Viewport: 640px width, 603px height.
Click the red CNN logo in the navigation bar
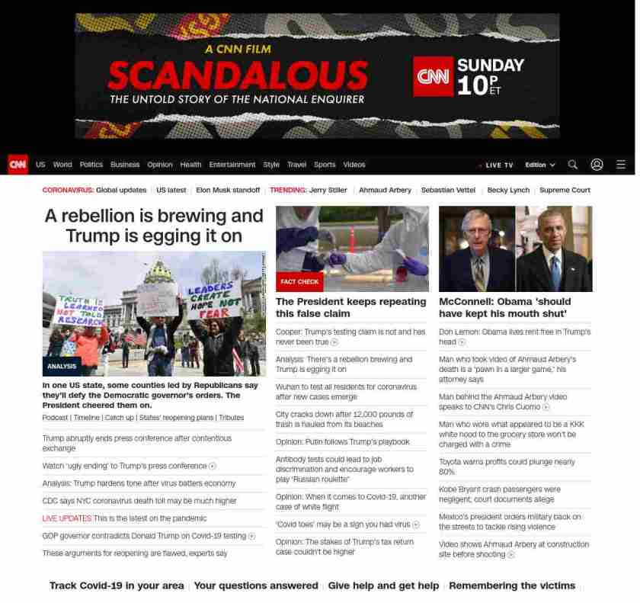[18, 165]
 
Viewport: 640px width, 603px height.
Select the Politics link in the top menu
[91, 165]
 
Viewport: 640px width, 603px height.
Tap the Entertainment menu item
[232, 165]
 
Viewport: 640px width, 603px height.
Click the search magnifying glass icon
[573, 165]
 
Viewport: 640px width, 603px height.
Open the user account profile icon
[597, 165]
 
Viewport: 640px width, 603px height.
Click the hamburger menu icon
[621, 165]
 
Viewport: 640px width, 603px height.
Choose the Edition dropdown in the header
[539, 165]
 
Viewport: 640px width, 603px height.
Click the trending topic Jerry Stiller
[328, 190]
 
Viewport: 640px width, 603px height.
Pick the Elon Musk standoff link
[228, 190]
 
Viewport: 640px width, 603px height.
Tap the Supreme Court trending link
[565, 190]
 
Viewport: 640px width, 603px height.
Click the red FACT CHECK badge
[299, 282]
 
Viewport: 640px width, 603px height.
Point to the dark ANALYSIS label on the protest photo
[62, 366]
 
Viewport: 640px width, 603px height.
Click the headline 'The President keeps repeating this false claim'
[350, 307]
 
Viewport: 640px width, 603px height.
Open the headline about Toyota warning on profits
[507, 467]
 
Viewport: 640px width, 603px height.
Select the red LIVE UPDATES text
[67, 518]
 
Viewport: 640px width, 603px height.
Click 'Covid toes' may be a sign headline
[343, 524]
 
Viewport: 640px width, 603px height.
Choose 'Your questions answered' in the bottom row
[255, 585]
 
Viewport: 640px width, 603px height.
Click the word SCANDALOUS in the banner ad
[238, 75]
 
